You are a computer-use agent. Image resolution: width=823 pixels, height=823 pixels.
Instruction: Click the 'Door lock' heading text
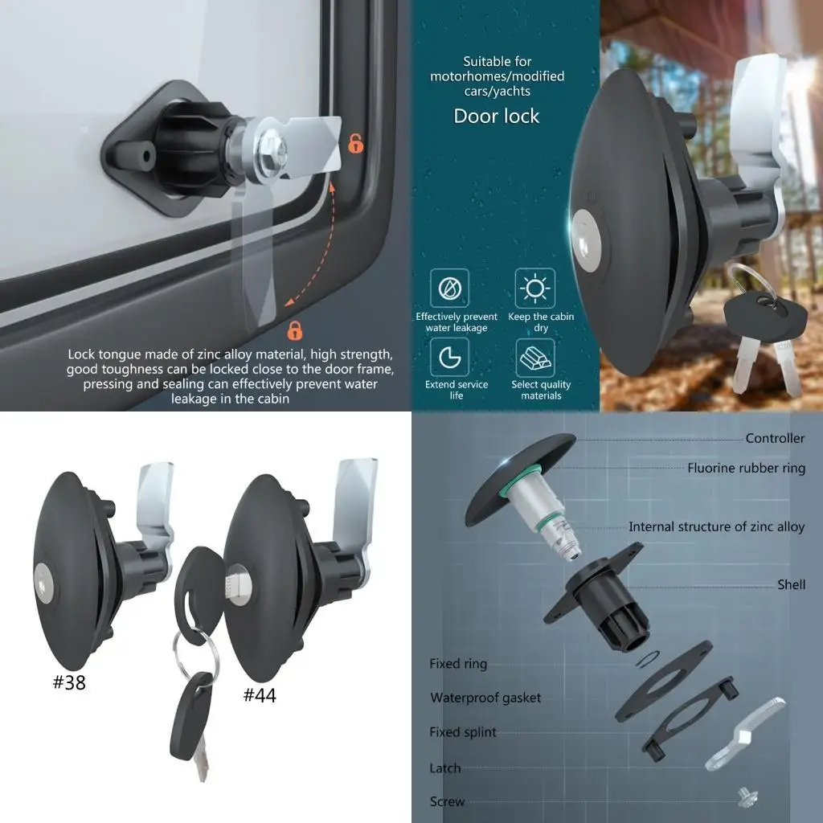[496, 117]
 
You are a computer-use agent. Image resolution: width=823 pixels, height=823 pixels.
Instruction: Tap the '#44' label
[260, 695]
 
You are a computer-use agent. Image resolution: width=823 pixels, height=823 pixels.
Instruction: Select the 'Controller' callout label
[774, 439]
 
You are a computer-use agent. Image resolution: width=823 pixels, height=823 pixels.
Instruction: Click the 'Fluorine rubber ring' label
[745, 469]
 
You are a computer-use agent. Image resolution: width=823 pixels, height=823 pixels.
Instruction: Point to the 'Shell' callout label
[791, 585]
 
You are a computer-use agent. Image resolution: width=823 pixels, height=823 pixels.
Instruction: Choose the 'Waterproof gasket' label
[485, 698]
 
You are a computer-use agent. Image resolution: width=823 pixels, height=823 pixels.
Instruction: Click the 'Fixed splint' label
[463, 732]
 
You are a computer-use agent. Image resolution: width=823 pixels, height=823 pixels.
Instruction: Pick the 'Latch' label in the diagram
[445, 768]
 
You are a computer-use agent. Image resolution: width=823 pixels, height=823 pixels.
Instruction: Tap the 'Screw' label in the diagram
[447, 801]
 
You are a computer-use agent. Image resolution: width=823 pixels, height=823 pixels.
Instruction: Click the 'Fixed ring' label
[458, 664]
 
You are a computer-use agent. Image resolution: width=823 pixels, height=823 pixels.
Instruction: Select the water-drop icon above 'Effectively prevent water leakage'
[449, 288]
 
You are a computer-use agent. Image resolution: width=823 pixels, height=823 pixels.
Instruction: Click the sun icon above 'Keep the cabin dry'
[535, 288]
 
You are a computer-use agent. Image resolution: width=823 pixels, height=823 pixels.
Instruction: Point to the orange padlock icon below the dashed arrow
[295, 330]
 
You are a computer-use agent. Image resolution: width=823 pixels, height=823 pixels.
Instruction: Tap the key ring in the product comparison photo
[192, 657]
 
